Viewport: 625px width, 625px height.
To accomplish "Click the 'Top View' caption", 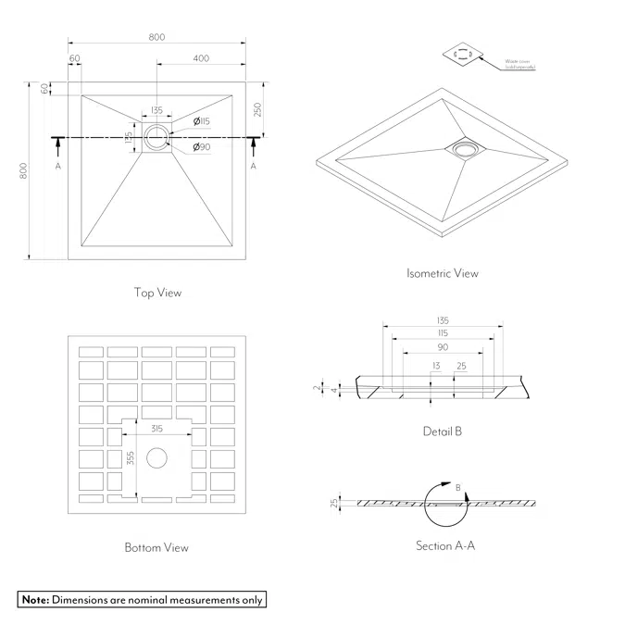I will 157,293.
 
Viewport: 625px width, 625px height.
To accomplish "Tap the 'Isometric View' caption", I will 443,273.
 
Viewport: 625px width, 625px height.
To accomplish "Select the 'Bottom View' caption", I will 156,547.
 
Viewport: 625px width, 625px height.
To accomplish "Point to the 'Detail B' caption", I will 443,431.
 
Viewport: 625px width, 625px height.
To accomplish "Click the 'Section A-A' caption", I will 445,546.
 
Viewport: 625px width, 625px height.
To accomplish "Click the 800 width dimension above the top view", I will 156,37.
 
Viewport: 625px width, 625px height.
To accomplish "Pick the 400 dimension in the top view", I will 201,58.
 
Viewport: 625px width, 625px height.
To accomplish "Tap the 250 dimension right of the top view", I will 258,109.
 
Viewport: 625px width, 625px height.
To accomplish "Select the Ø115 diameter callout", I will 202,121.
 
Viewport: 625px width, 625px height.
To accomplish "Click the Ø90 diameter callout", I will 201,147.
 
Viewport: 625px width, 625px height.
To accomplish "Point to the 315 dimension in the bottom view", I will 156,428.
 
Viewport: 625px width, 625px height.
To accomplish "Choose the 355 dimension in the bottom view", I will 131,458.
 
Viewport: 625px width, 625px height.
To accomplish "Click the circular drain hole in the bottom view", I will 156,456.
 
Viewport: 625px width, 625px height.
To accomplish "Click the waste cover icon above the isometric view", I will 465,55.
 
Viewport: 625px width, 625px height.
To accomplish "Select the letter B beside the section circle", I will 457,487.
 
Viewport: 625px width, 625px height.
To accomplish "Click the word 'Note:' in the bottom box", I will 35,600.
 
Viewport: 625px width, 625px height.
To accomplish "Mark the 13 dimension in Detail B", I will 435,367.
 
